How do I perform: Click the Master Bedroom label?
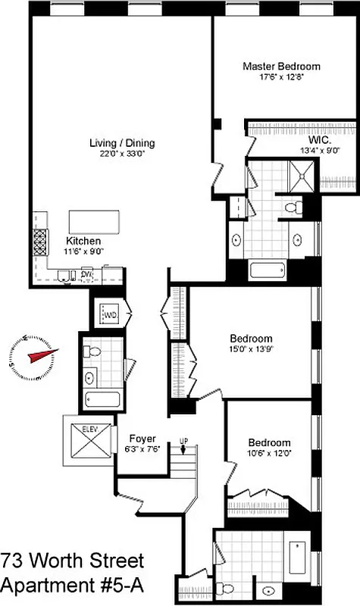click(x=281, y=67)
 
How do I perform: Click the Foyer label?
click(x=142, y=438)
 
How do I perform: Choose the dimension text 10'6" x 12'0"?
click(x=269, y=454)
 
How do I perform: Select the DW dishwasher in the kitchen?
click(x=86, y=274)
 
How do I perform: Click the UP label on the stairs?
click(x=183, y=440)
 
